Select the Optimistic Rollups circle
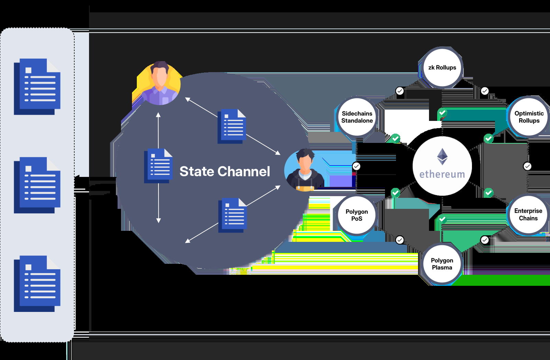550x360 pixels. click(529, 117)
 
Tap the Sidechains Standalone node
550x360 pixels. click(357, 117)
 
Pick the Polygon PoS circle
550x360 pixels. click(357, 215)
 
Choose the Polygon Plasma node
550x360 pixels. click(442, 264)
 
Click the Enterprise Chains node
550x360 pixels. click(528, 215)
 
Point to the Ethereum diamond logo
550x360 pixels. click(442, 157)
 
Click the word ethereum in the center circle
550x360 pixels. click(442, 175)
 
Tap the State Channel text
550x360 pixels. click(225, 171)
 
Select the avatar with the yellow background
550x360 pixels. click(159, 83)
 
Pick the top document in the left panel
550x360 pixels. click(37, 87)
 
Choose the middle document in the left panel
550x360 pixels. click(37, 185)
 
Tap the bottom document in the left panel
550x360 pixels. click(37, 284)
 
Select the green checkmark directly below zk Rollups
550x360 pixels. click(442, 113)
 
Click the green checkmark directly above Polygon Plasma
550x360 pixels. click(442, 219)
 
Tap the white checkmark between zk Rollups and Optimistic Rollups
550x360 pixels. click(485, 91)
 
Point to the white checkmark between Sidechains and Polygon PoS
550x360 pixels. click(356, 166)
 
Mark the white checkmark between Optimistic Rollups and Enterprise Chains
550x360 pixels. click(527, 166)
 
